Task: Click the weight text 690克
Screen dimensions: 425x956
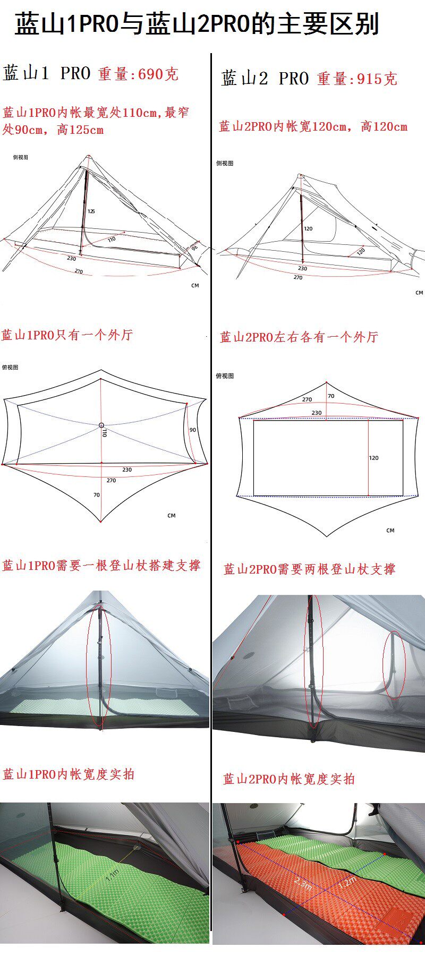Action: (x=158, y=74)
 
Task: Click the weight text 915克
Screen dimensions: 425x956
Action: (x=377, y=79)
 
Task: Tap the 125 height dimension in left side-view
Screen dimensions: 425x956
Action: (x=91, y=211)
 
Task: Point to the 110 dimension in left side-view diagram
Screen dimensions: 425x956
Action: (x=112, y=240)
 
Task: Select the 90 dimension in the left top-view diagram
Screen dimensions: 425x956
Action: (x=192, y=430)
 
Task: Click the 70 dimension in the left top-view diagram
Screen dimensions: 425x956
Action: (x=96, y=494)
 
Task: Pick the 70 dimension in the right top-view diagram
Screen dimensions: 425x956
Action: (x=331, y=396)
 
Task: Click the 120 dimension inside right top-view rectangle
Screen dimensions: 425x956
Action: (x=374, y=458)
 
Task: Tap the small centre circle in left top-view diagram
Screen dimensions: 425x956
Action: (x=101, y=425)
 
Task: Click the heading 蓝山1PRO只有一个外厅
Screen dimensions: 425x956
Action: (x=67, y=335)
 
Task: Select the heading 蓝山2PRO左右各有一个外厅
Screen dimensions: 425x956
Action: (x=299, y=337)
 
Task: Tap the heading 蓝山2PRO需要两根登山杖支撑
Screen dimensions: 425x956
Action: (x=310, y=569)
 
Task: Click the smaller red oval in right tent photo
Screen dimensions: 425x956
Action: (x=394, y=664)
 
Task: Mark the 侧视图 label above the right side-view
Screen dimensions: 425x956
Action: (x=225, y=164)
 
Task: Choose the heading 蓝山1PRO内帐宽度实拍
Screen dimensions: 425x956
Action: (x=69, y=774)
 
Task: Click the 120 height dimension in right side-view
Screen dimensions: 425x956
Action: (x=309, y=229)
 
